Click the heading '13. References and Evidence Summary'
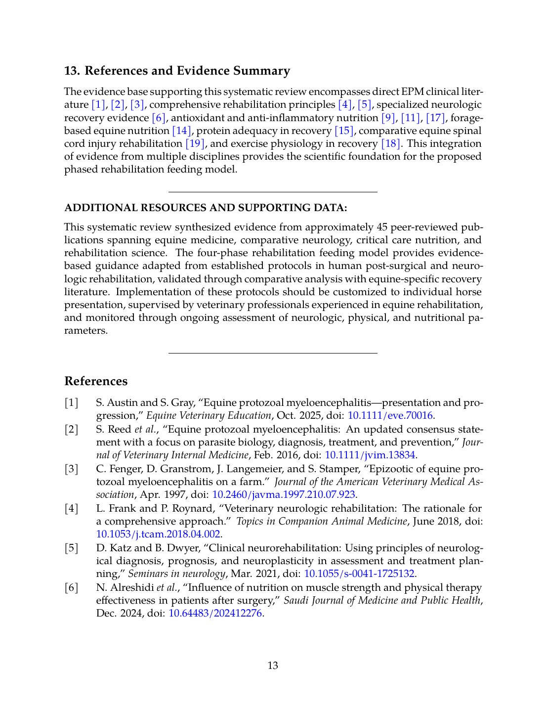(177, 71)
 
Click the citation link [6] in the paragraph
(158, 118)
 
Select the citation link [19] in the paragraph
(195, 143)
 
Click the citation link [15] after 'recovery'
(344, 131)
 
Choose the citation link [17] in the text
(435, 118)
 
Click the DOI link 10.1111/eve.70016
(390, 415)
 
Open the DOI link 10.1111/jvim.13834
(370, 455)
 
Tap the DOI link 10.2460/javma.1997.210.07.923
(284, 494)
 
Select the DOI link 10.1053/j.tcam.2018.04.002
(158, 534)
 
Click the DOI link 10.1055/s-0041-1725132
(359, 574)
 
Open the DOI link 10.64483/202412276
(215, 613)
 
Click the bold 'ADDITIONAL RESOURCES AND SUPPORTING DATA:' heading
(206, 208)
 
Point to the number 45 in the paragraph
(381, 227)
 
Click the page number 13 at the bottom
(273, 665)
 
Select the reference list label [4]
(72, 508)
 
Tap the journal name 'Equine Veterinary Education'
(209, 415)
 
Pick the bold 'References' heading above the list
(96, 381)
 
